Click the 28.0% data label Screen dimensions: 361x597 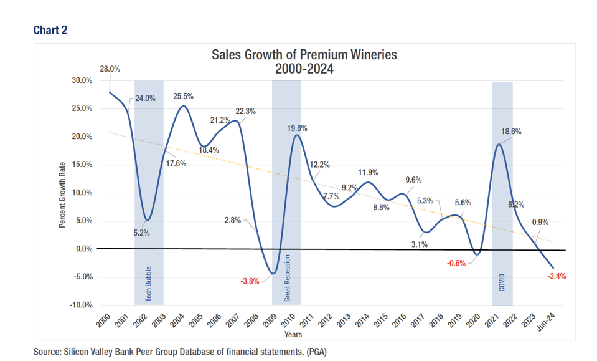click(110, 69)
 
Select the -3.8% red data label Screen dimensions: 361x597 click(250, 281)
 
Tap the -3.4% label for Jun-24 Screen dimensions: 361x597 click(557, 276)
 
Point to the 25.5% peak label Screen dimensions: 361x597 click(182, 97)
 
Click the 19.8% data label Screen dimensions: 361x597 click(296, 128)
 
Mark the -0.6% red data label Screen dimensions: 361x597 click(456, 263)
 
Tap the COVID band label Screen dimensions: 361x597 click(502, 282)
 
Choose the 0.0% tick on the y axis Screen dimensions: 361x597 click(82, 249)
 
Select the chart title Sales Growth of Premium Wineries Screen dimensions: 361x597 click(304, 55)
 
